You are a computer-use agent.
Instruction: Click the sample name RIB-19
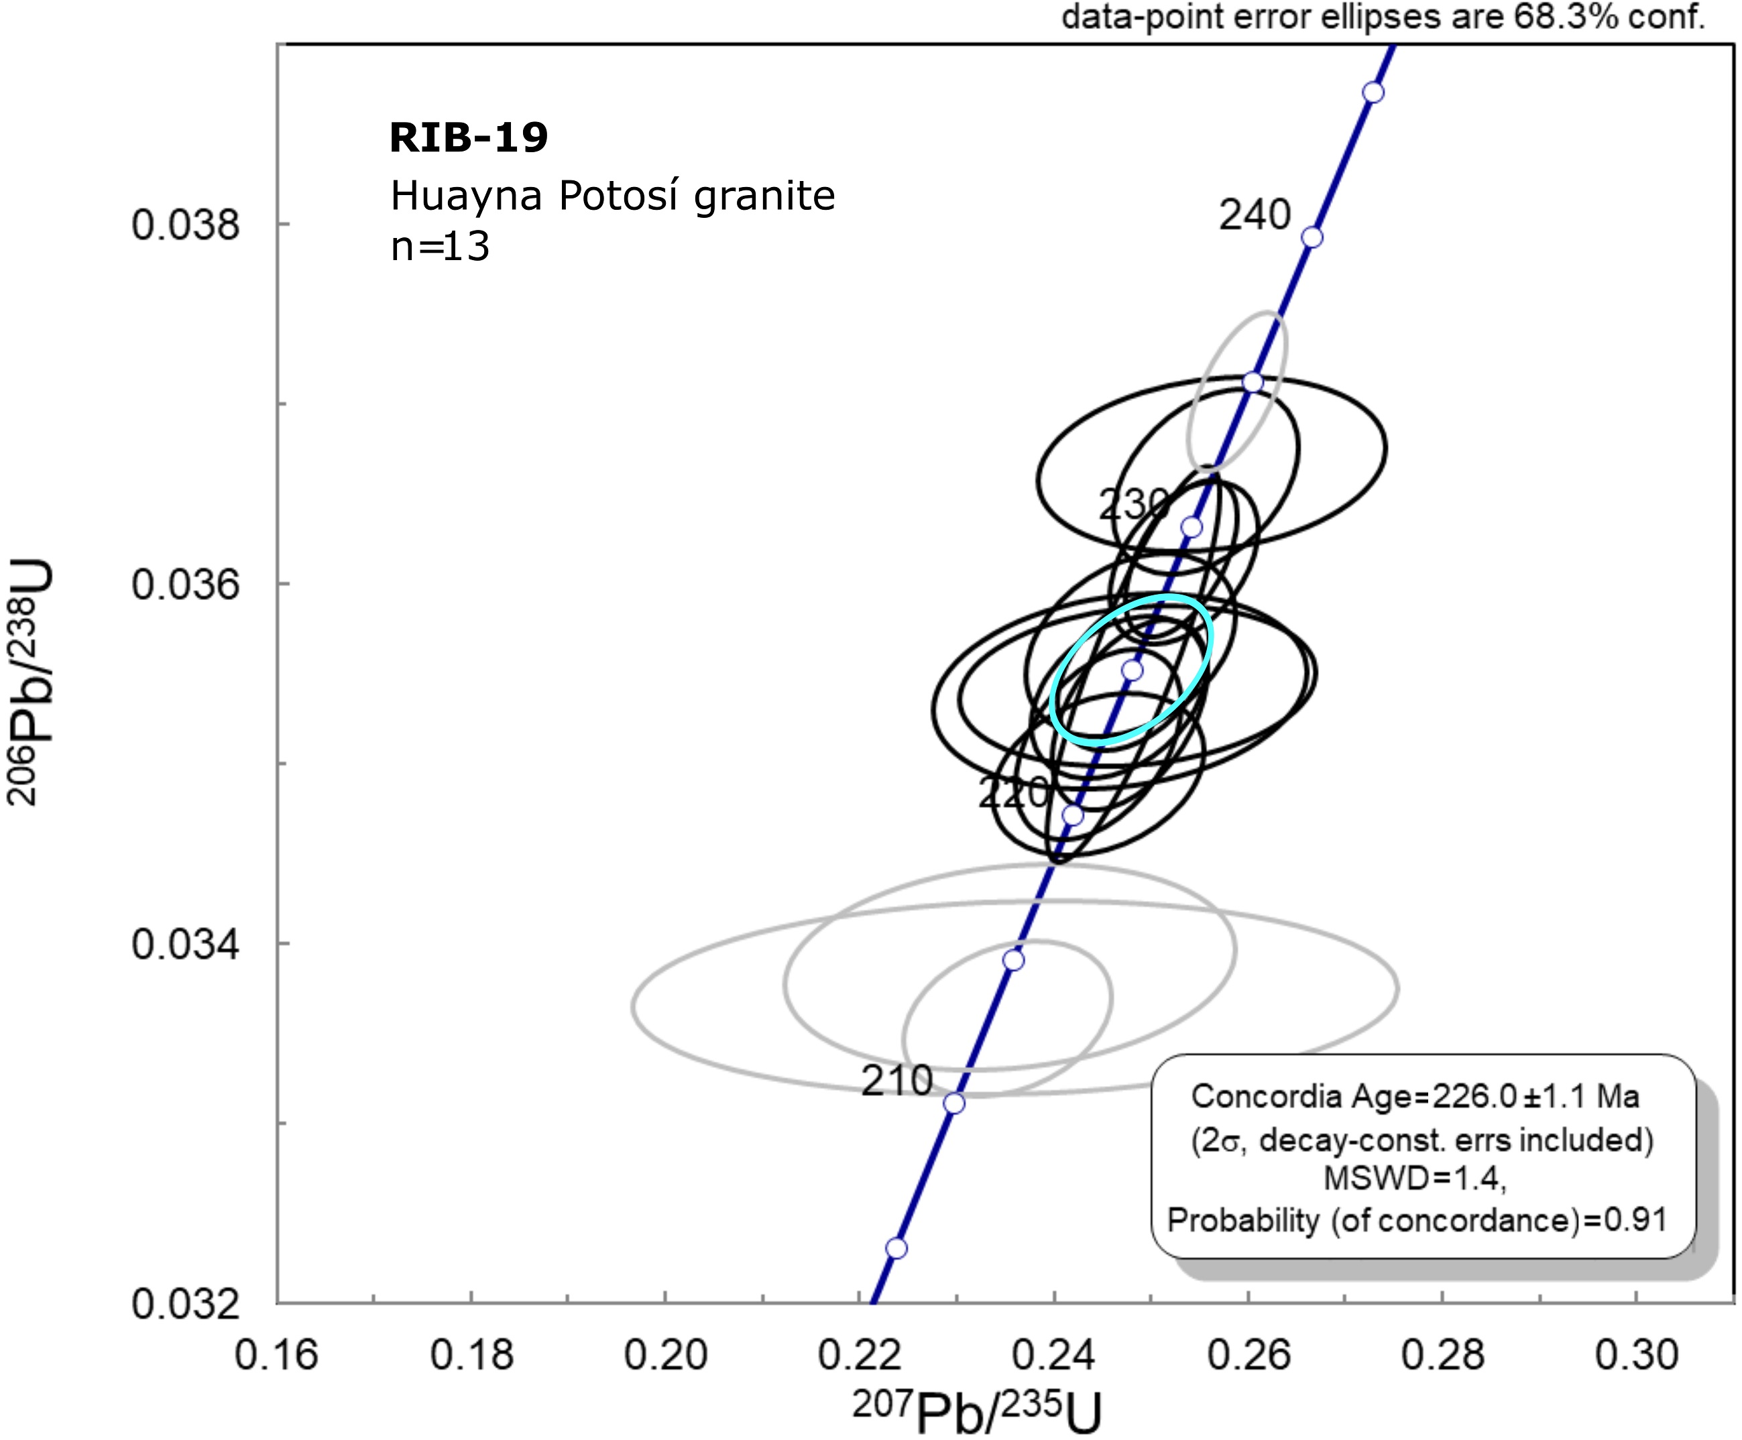[x=469, y=137]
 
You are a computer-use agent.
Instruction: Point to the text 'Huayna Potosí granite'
[x=612, y=196]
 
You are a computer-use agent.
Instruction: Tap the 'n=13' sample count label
[x=440, y=246]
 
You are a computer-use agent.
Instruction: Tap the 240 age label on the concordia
[x=1255, y=216]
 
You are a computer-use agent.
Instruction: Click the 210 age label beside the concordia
[x=896, y=1081]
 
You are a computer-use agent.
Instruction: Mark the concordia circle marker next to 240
[x=1312, y=238]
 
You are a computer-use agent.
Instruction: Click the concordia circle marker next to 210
[x=955, y=1104]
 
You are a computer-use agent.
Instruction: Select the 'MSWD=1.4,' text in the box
[x=1414, y=1178]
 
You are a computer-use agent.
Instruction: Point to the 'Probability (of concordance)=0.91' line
[x=1417, y=1220]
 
